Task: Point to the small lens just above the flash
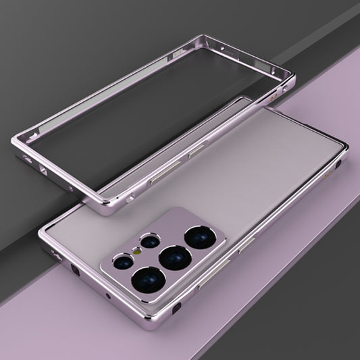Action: tap(149, 241)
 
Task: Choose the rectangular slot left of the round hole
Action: tap(74, 270)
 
